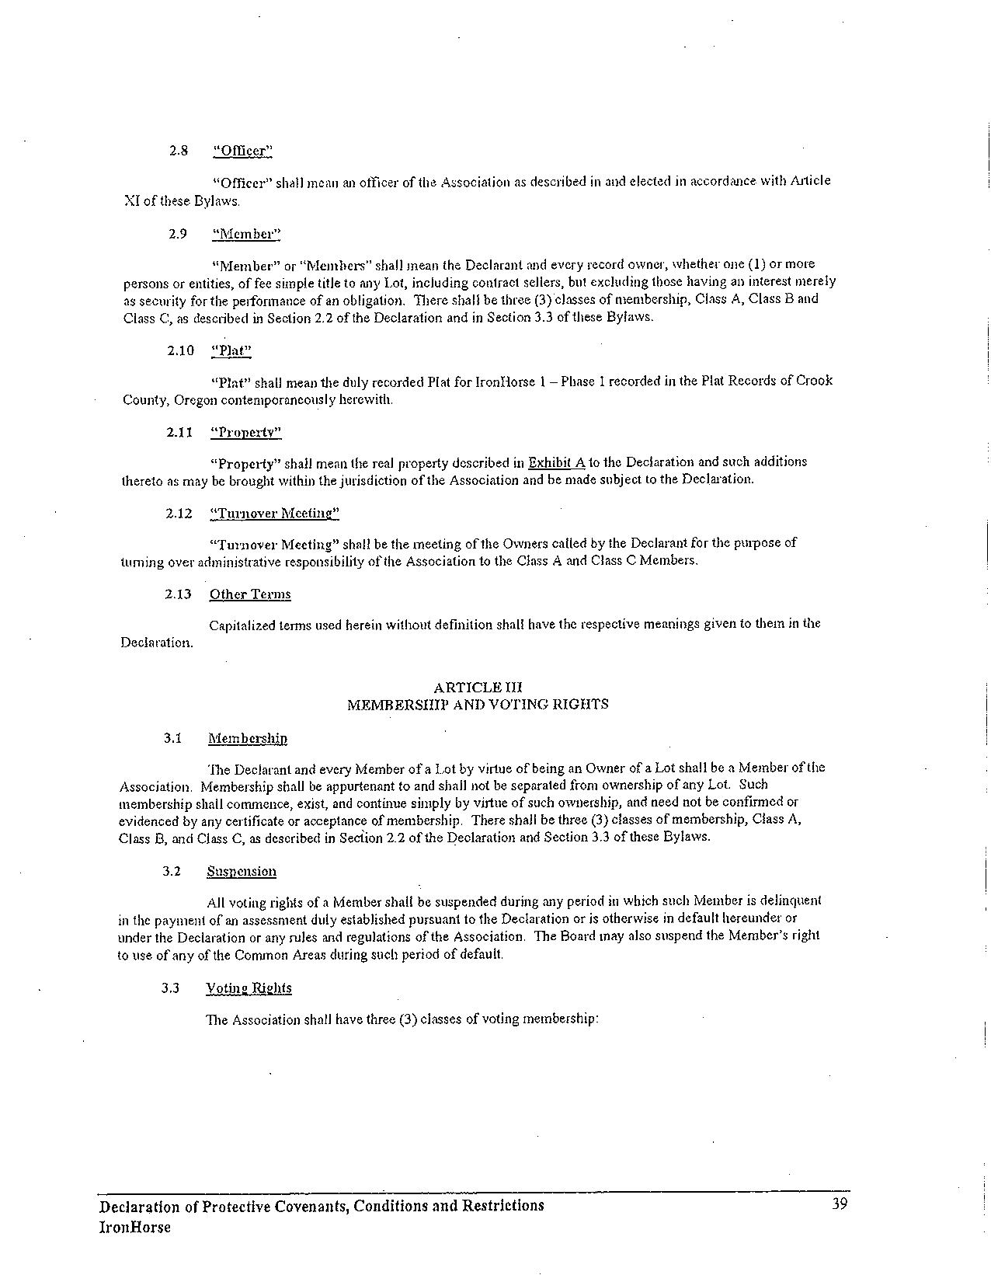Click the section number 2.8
179,151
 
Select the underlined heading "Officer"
242,151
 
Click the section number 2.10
180,350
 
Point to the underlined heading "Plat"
231,350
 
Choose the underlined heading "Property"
245,432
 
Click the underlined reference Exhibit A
556,462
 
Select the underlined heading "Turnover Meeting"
274,514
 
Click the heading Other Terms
250,594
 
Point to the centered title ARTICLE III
478,688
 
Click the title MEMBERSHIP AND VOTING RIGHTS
478,705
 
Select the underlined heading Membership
247,738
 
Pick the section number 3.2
172,871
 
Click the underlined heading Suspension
242,871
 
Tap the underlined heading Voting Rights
249,988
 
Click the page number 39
839,1204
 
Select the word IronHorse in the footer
134,1228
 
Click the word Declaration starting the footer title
140,1206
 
